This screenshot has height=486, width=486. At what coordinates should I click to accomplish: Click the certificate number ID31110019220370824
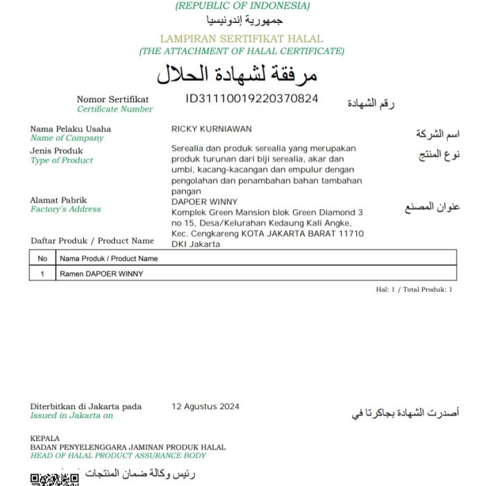click(251, 99)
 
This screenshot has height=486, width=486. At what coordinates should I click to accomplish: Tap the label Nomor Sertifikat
click(112, 99)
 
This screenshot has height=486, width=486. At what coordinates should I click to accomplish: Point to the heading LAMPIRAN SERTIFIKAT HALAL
click(241, 40)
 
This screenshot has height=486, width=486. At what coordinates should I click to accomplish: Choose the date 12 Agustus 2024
click(206, 406)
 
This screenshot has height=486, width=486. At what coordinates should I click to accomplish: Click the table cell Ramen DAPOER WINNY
click(102, 274)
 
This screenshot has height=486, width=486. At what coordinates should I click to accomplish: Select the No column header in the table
click(42, 258)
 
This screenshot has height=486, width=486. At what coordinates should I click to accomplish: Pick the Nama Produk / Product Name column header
click(109, 258)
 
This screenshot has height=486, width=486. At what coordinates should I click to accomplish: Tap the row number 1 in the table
click(42, 274)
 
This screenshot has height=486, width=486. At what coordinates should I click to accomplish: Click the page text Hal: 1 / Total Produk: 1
click(414, 290)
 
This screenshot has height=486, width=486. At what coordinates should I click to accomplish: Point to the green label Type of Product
click(61, 160)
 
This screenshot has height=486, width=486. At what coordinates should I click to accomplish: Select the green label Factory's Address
click(65, 209)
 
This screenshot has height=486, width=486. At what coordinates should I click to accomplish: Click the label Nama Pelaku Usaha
click(70, 129)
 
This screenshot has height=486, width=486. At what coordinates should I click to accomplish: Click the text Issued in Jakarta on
click(71, 415)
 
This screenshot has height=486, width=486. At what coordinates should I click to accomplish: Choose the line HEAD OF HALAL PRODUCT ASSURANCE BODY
click(118, 455)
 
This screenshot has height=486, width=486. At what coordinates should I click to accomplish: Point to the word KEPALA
click(45, 439)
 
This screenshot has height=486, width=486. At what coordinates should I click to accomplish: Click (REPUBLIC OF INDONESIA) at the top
click(242, 6)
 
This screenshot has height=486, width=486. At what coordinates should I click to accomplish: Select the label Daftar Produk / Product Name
click(92, 241)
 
